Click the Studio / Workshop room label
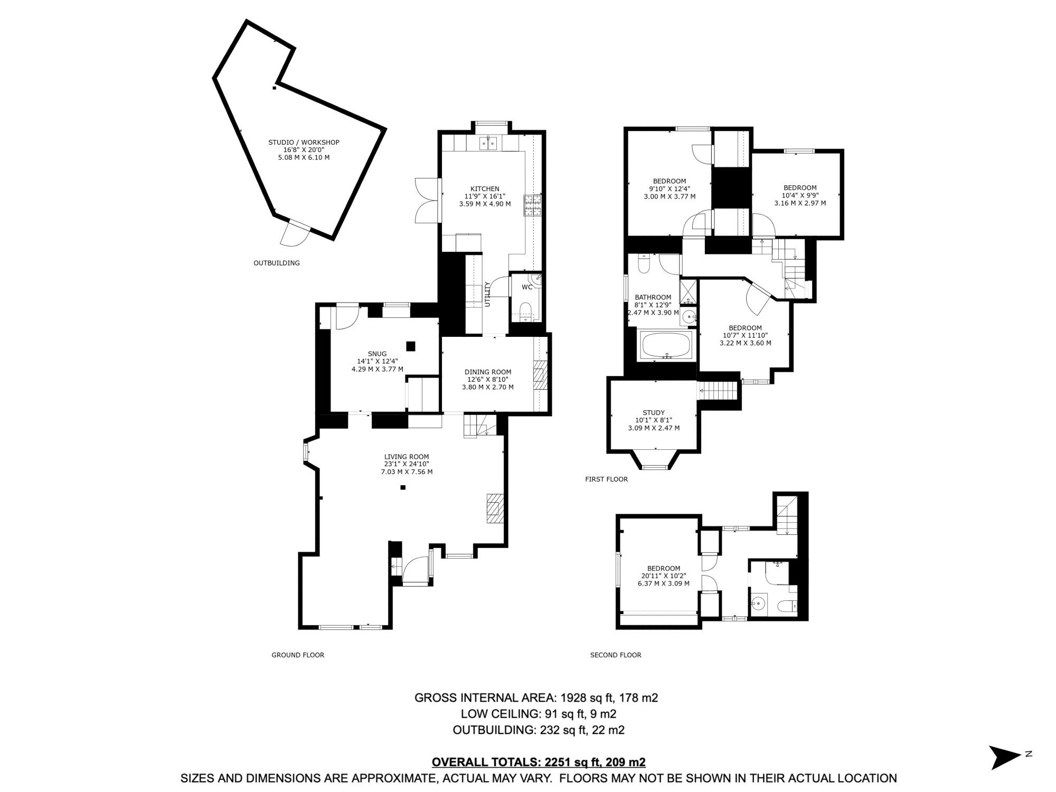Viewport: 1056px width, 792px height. [x=304, y=143]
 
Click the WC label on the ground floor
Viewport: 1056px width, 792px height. [x=527, y=287]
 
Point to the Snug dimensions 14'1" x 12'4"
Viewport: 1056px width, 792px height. [x=377, y=361]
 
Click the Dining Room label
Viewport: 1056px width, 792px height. [x=487, y=372]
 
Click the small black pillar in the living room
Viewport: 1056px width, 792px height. [x=403, y=487]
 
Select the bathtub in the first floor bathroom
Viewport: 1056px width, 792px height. [x=667, y=345]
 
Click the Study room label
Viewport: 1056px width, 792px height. [x=654, y=413]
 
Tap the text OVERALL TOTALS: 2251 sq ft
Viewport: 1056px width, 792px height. [x=538, y=762]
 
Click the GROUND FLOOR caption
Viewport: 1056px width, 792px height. [x=298, y=655]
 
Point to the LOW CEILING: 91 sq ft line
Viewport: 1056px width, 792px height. [x=538, y=714]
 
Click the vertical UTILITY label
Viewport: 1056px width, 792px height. [x=488, y=294]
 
